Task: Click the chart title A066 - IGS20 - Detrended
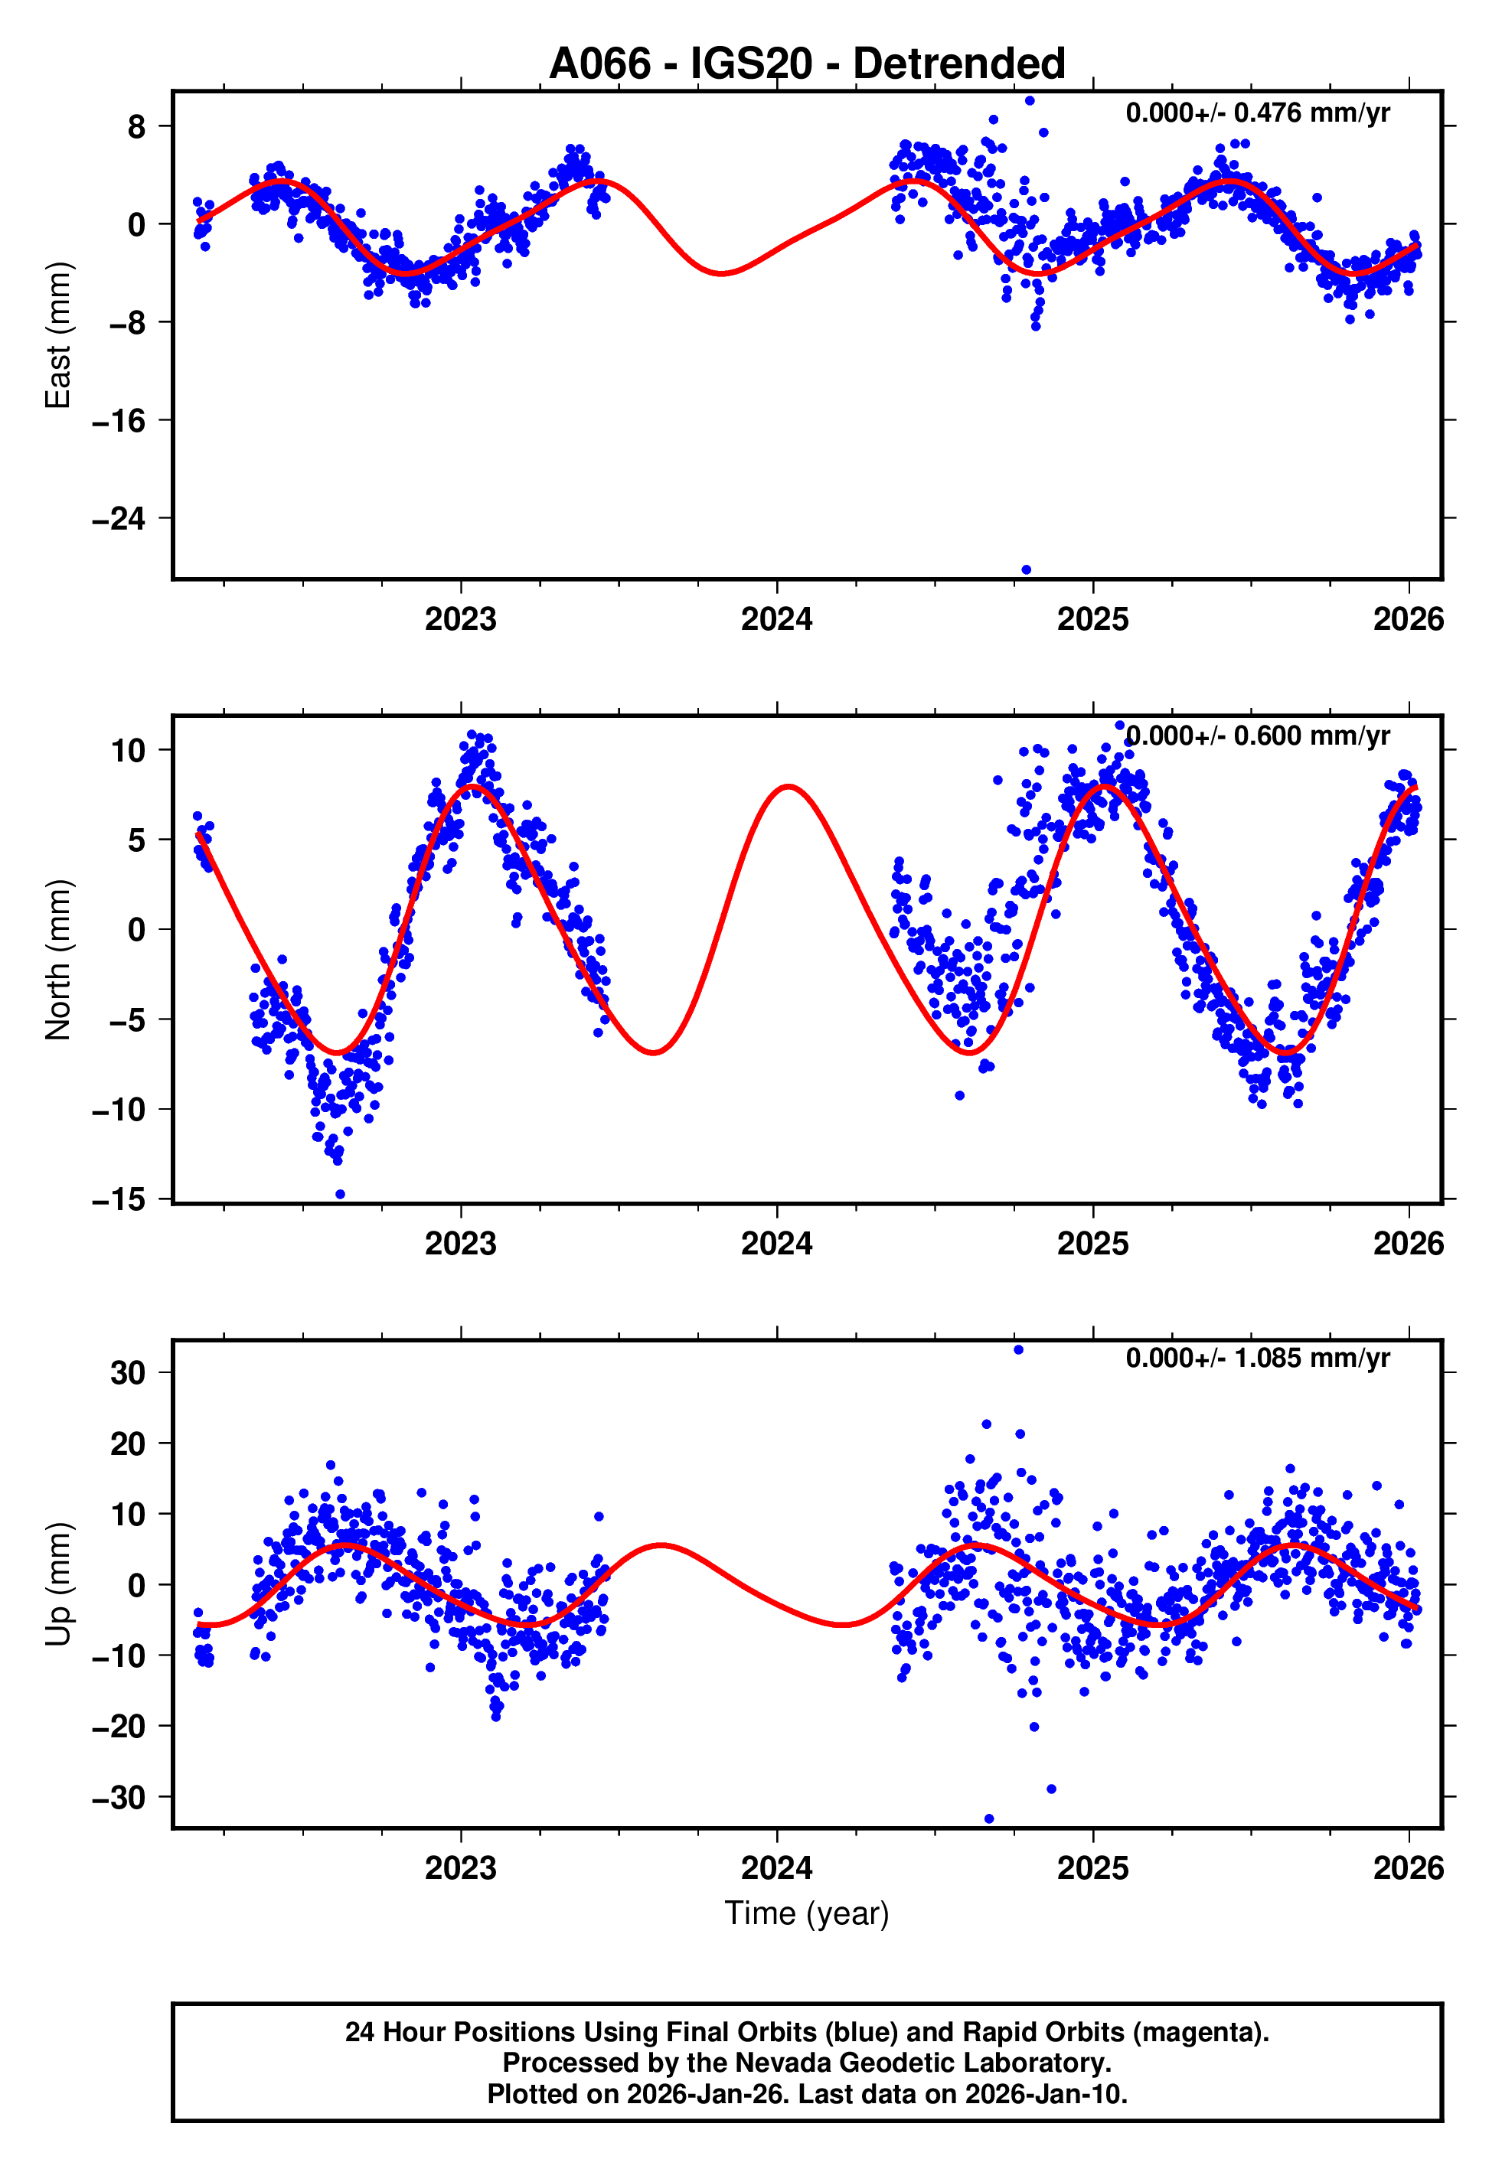point(807,64)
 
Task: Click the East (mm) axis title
point(58,335)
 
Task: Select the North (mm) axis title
point(58,960)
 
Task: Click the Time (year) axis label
point(807,1913)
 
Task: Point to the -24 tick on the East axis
point(119,518)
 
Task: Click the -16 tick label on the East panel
point(119,420)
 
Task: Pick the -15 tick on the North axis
point(119,1199)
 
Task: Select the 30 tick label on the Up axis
point(128,1372)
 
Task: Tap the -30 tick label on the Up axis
point(119,1798)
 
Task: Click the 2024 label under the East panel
point(776,619)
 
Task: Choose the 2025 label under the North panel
point(1092,1244)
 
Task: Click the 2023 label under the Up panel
point(460,1867)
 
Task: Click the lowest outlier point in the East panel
point(1026,570)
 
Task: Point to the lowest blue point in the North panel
point(340,1195)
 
